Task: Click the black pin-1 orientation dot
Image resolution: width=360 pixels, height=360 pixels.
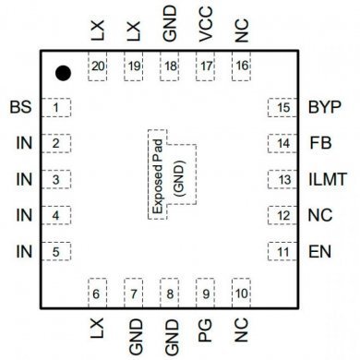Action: pyautogui.click(x=63, y=73)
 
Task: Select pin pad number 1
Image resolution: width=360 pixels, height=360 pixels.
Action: pyautogui.click(x=57, y=108)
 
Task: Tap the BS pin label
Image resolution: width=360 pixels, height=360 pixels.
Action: pyautogui.click(x=20, y=108)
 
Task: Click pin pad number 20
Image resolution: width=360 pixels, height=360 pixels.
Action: pyautogui.click(x=98, y=67)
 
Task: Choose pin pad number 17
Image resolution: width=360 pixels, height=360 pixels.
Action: pyautogui.click(x=205, y=67)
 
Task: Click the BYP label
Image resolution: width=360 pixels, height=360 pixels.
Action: pyautogui.click(x=329, y=108)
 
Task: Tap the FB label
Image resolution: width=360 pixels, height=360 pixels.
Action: pyautogui.click(x=320, y=144)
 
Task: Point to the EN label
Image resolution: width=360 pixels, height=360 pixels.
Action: pyautogui.click(x=320, y=251)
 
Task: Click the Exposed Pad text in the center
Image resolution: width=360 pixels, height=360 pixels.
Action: pyautogui.click(x=158, y=171)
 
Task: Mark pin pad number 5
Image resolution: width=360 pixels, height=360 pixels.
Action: pyautogui.click(x=57, y=251)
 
